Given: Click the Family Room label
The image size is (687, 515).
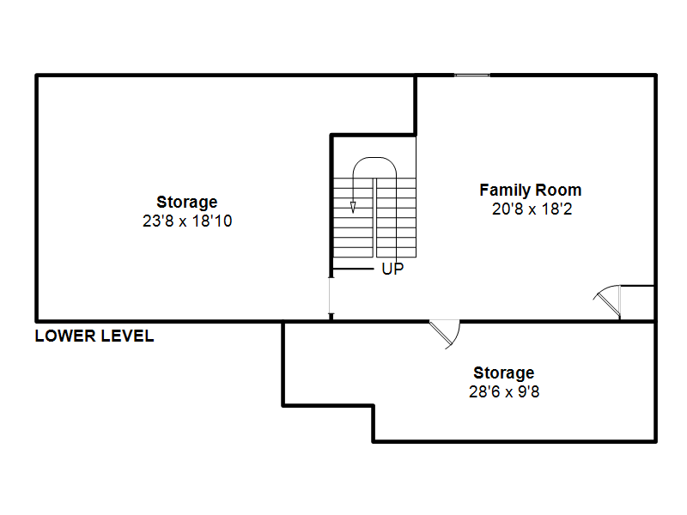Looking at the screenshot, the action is tap(530, 190).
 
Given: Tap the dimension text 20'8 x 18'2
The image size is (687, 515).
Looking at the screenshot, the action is tap(532, 209).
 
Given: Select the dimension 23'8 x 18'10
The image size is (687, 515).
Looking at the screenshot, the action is tap(187, 221).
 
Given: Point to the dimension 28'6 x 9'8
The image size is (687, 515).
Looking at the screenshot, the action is tap(504, 391).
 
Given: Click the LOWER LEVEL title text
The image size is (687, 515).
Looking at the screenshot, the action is tap(94, 336).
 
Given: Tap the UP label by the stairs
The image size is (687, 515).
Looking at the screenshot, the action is tap(392, 269).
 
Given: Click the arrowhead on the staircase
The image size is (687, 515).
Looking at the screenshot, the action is tap(353, 207).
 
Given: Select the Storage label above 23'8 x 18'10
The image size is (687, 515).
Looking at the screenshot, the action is tap(187, 202).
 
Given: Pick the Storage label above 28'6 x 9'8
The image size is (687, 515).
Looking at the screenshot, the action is tap(504, 373).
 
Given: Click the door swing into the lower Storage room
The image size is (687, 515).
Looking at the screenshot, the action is tap(446, 334).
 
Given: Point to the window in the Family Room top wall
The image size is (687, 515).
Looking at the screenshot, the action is tap(471, 76).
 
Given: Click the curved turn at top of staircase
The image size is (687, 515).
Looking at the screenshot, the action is tap(374, 159).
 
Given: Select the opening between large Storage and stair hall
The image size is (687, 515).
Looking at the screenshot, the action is tap(331, 295).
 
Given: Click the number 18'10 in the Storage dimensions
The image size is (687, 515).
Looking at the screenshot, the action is tap(212, 221).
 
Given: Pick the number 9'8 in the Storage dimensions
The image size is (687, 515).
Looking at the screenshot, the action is tap(529, 391).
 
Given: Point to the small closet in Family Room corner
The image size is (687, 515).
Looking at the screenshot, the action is tap(637, 303).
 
